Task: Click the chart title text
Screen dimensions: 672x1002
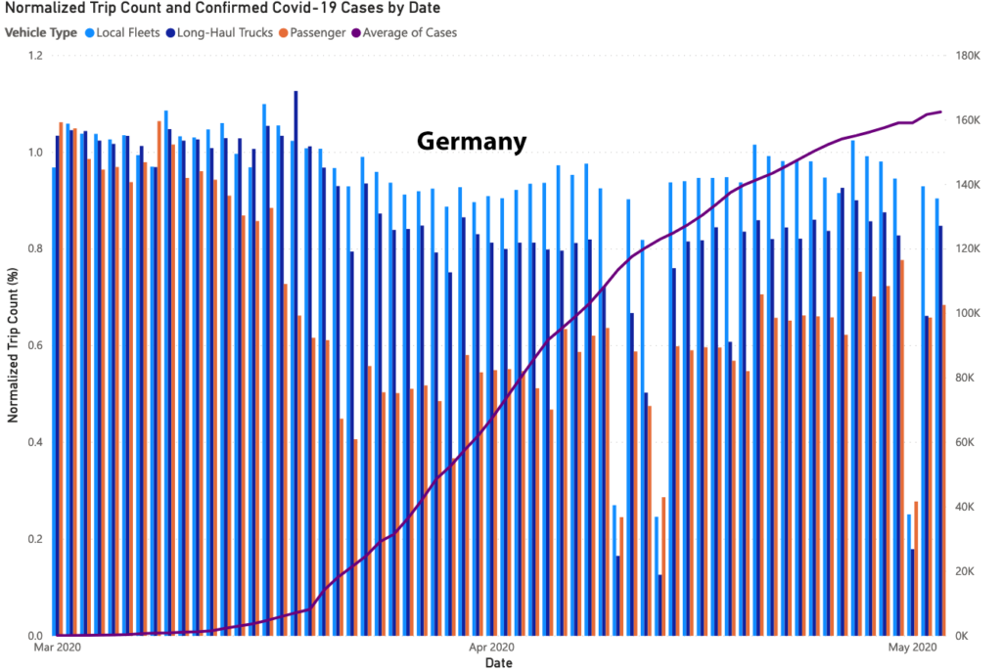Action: point(223,9)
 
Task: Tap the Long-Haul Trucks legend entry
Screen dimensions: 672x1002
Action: point(224,32)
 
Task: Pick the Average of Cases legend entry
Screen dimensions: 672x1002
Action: point(409,32)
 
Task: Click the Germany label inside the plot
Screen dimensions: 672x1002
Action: point(472,142)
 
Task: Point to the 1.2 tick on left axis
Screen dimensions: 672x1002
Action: point(37,56)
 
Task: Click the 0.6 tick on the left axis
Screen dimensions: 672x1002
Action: point(37,345)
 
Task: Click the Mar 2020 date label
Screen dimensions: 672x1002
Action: point(57,648)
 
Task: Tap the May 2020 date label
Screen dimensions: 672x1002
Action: point(911,648)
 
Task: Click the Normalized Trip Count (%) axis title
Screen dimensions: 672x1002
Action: point(13,345)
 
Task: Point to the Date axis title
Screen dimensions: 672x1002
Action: point(498,663)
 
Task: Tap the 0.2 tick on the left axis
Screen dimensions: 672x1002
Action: point(37,539)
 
